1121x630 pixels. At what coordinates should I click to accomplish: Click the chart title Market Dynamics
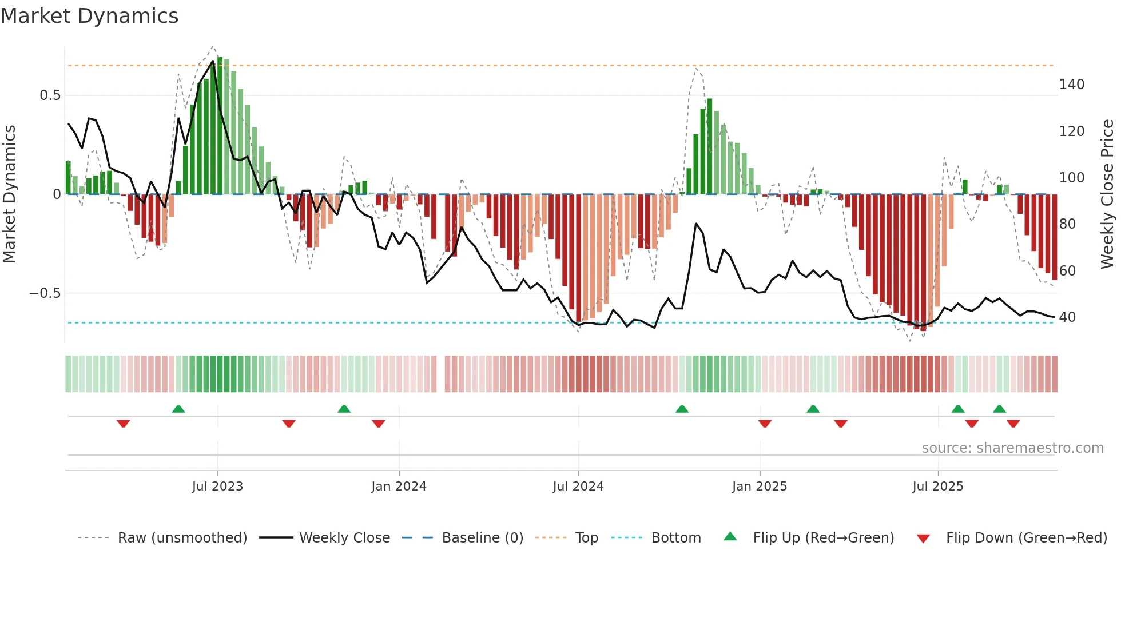coord(89,16)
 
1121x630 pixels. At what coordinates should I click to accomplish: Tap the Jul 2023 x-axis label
coord(217,487)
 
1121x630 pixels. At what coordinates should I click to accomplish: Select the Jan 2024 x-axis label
coord(399,487)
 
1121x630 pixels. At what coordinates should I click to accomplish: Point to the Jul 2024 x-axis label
coord(578,487)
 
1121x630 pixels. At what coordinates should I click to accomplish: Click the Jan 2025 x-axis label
coord(760,487)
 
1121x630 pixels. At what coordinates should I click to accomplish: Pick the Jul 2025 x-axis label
coord(938,487)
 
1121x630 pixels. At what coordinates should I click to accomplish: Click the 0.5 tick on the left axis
coord(50,95)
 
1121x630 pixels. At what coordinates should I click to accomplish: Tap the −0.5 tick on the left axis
coord(45,293)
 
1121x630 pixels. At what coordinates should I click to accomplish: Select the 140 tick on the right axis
coord(1072,85)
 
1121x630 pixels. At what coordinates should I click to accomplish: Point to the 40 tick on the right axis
coord(1067,317)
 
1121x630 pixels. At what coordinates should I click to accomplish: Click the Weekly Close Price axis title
coord(1108,194)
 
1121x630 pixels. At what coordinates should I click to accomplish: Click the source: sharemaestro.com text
coord(1013,448)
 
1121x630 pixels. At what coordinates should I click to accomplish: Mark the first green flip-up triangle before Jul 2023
coord(178,409)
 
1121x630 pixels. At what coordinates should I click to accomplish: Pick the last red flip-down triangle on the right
coord(1013,424)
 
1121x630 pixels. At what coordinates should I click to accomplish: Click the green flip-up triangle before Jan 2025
coord(682,409)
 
